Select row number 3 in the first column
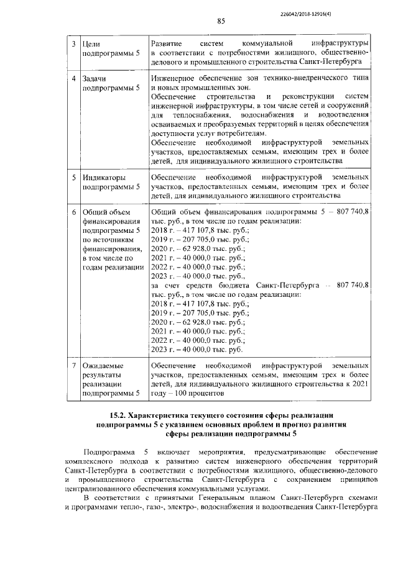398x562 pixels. click(73, 45)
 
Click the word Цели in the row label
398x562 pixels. click(91, 45)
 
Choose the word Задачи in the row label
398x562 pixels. click(96, 79)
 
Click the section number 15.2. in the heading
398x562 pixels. click(121, 414)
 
